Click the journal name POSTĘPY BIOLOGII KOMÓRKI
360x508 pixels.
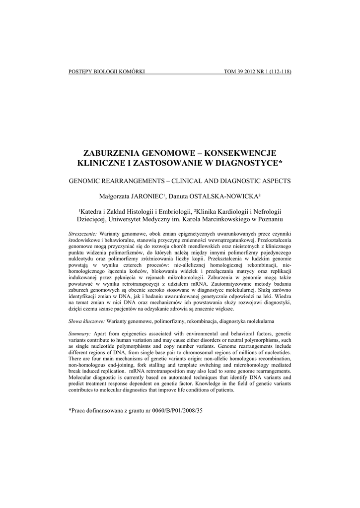point(106,72)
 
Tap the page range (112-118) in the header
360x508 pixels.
point(278,72)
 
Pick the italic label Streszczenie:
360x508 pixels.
point(82,233)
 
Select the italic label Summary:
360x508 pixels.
point(79,334)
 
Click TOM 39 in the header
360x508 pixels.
point(234,72)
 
